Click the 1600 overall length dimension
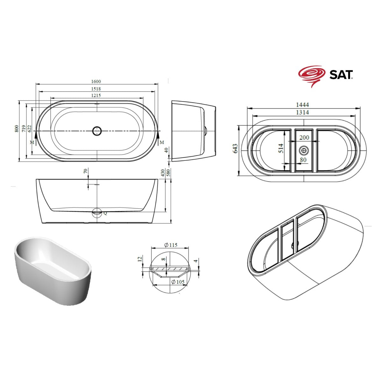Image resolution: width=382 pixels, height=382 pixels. (96, 81)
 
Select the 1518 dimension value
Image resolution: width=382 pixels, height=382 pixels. (96, 89)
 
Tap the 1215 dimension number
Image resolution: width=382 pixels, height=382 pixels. (96, 95)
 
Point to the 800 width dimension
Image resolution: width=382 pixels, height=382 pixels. (17, 129)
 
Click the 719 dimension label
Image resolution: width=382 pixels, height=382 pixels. (23, 129)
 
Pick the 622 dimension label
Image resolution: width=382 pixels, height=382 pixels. (29, 129)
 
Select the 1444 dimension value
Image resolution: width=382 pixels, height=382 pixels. (302, 104)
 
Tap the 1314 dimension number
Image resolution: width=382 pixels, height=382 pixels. (302, 112)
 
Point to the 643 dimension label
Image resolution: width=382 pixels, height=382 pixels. (235, 148)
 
